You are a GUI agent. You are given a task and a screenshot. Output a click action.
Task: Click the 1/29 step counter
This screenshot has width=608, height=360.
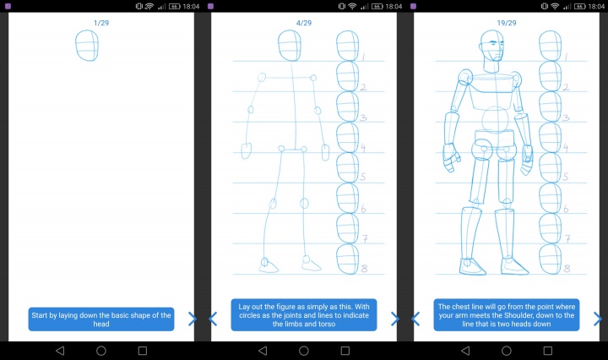click(x=100, y=23)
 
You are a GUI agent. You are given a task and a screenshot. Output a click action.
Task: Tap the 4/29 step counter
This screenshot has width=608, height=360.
click(x=303, y=23)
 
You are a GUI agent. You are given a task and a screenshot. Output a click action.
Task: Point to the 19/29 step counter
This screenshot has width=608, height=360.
click(x=506, y=23)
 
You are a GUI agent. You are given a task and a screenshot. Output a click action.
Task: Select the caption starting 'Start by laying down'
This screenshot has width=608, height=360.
click(x=100, y=319)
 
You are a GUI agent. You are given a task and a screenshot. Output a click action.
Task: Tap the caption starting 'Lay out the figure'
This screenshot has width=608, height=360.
click(x=303, y=315)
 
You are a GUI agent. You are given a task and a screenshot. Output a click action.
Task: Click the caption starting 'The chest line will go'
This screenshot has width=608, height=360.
click(x=506, y=315)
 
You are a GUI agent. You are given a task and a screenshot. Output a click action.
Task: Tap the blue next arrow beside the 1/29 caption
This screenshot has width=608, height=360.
click(x=193, y=319)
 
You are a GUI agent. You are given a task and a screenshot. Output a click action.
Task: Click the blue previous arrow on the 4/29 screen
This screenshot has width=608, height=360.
click(x=213, y=319)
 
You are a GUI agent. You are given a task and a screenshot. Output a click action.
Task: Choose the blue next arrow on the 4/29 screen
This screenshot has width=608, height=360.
click(x=394, y=319)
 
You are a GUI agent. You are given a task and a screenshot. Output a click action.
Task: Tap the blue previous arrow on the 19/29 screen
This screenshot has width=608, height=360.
click(x=415, y=319)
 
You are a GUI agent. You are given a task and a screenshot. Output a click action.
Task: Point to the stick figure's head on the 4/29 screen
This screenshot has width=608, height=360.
click(x=289, y=46)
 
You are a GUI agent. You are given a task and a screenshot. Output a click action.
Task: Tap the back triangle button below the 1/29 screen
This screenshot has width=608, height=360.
click(x=59, y=350)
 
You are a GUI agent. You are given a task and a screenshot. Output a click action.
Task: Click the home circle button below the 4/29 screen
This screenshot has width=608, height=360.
click(x=303, y=350)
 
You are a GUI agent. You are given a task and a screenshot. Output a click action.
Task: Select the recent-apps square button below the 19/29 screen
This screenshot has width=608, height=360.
click(x=547, y=350)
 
